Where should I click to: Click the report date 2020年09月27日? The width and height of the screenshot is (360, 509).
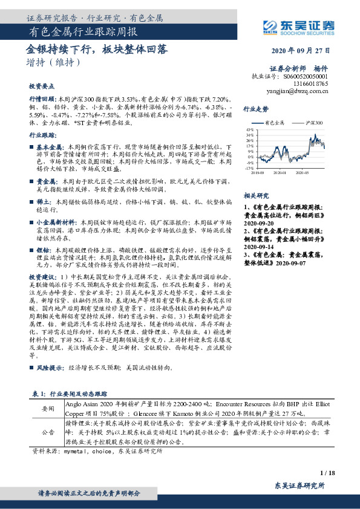pyautogui.click(x=300, y=51)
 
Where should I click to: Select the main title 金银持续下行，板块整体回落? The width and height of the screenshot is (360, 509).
pyautogui.click(x=97, y=48)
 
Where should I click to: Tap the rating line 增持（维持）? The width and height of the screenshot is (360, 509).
pyautogui.click(x=53, y=61)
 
